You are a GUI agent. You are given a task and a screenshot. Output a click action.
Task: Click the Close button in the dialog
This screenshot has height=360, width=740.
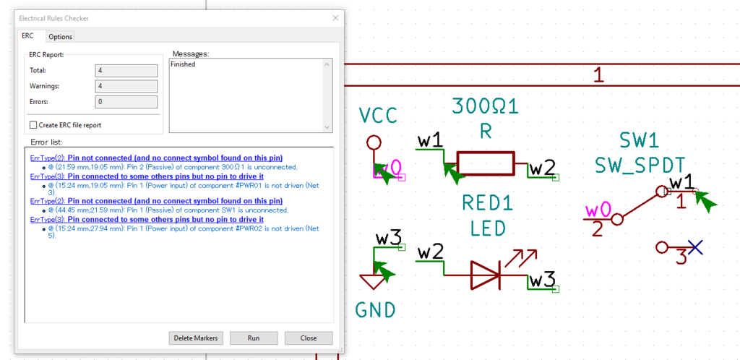[x=308, y=338]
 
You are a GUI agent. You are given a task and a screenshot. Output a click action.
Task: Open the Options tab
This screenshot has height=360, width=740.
[x=61, y=37]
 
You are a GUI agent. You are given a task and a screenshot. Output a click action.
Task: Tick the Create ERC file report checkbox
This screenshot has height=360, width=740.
[x=33, y=125]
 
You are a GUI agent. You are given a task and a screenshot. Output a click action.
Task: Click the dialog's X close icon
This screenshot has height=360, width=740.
[x=335, y=18]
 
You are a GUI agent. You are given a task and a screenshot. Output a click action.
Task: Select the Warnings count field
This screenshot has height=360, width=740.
[x=126, y=86]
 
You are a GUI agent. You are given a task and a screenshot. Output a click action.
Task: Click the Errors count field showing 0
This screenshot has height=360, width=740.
[x=126, y=102]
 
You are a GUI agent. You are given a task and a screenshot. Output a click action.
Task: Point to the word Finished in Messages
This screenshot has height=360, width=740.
[x=183, y=64]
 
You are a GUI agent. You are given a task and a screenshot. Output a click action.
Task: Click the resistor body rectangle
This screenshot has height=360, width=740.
[x=486, y=163]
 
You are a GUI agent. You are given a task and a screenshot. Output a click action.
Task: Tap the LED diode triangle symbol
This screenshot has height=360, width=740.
[x=485, y=275]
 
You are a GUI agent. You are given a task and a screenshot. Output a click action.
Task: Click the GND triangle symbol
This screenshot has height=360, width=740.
[x=374, y=282]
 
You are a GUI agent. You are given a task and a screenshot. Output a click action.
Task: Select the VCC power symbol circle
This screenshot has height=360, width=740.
[x=374, y=142]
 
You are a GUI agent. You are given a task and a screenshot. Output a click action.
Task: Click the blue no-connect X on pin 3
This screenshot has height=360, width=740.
[x=694, y=247]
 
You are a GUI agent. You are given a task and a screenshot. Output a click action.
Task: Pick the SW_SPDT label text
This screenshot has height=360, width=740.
[x=639, y=166]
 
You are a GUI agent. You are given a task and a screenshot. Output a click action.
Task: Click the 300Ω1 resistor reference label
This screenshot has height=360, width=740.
[x=485, y=107]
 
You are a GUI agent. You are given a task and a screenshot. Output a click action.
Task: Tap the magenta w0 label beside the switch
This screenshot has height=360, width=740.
[x=598, y=210]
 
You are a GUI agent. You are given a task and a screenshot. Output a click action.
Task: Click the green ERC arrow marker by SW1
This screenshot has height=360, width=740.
[x=706, y=202]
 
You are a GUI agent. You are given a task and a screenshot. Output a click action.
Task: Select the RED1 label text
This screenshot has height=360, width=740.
[x=488, y=203]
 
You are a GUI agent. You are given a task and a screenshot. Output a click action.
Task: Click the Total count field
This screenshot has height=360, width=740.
[x=126, y=71]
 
